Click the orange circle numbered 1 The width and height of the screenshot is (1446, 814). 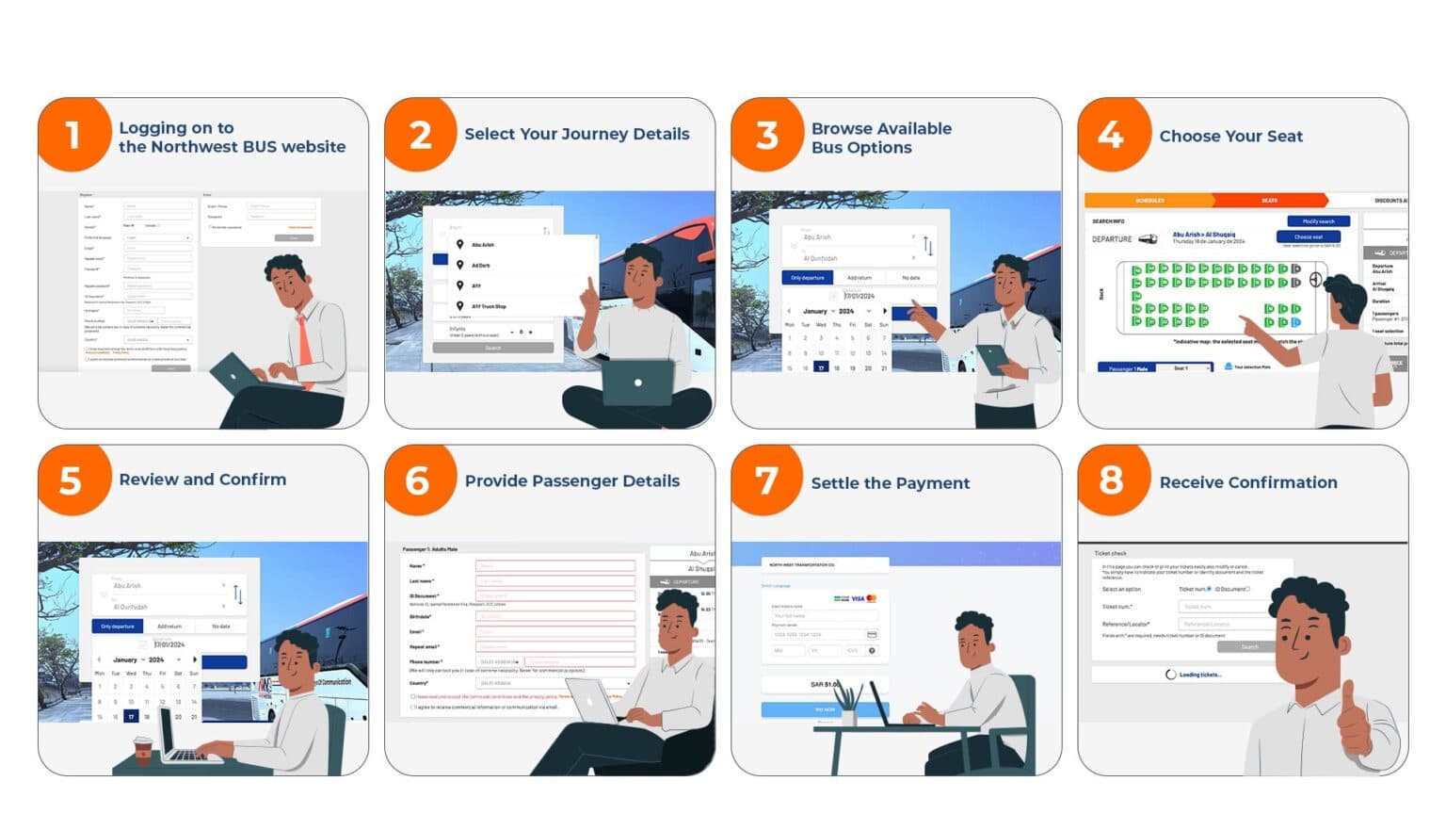pos(73,135)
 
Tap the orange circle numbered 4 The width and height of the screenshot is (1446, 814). pos(1113,135)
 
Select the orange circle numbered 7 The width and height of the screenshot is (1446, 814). pos(766,480)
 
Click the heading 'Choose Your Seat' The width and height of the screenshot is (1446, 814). pos(1230,137)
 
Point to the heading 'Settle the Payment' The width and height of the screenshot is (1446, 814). pos(890,483)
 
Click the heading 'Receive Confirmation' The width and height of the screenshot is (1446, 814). pos(1247,482)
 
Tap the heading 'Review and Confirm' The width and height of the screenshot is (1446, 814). pos(202,480)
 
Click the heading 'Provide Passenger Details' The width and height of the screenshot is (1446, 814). pos(571,481)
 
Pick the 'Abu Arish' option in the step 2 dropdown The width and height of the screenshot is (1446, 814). pos(483,245)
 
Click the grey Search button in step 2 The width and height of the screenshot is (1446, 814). pos(492,348)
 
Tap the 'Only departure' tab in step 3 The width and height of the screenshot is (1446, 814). pos(807,278)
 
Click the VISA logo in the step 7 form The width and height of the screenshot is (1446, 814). pos(857,598)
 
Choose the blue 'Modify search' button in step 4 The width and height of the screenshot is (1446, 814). pos(1318,221)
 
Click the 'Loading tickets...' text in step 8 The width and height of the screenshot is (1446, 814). pos(1199,675)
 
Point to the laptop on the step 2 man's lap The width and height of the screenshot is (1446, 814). pos(636,383)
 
